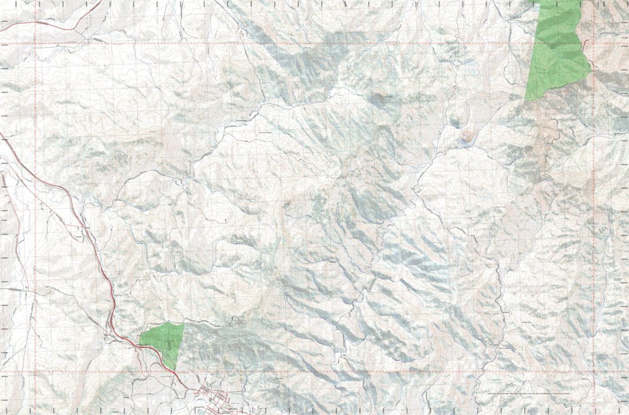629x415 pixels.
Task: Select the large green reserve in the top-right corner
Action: click(557, 50)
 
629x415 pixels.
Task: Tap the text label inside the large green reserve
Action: click(554, 45)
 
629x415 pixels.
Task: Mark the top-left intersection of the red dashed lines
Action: click(36, 44)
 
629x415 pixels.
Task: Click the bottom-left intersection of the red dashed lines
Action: click(36, 373)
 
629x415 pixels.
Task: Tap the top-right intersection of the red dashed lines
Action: click(592, 44)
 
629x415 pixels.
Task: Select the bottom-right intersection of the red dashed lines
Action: click(592, 373)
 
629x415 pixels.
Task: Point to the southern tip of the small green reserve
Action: click(176, 371)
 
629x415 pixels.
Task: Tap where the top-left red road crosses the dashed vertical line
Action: click(36, 22)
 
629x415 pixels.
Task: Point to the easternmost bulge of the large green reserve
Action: click(590, 70)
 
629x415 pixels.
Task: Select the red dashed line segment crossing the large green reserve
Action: click(557, 44)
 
